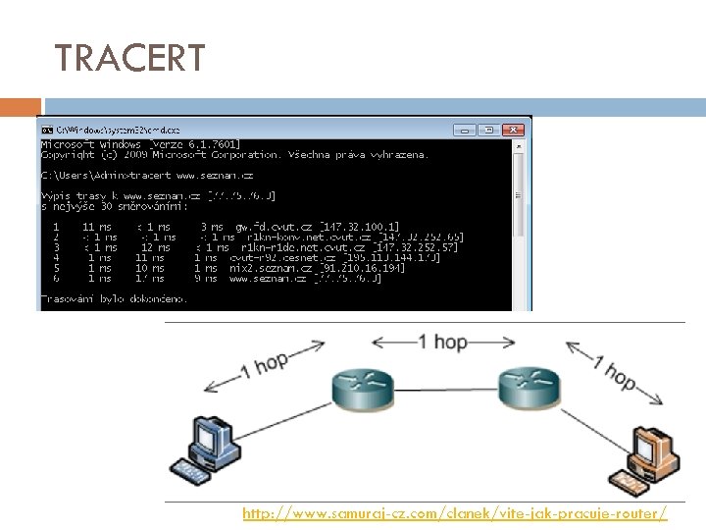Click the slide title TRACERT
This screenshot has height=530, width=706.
(129, 59)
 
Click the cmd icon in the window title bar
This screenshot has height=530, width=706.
(46, 129)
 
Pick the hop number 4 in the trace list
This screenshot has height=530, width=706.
(56, 257)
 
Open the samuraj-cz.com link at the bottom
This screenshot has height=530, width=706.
(455, 513)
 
